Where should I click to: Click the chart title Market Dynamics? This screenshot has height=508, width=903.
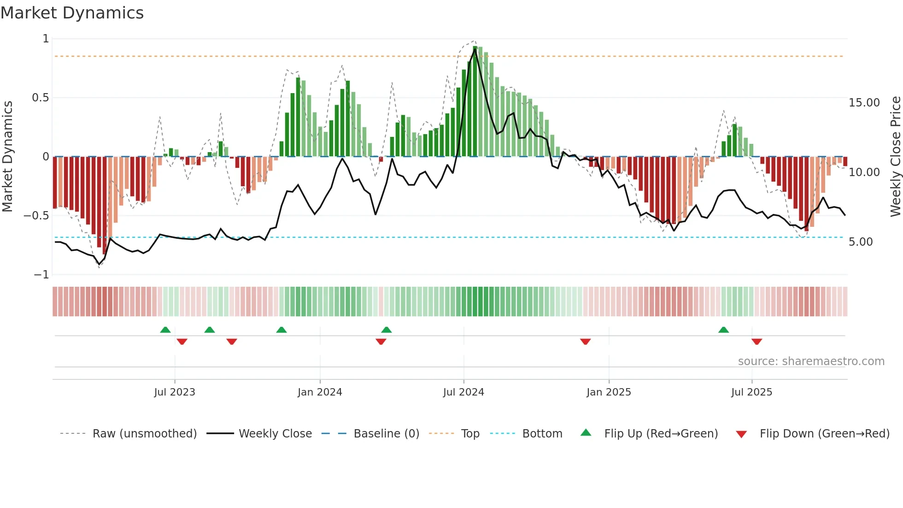click(x=72, y=13)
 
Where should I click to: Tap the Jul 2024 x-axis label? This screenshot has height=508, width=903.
click(x=463, y=392)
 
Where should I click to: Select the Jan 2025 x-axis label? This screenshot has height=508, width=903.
click(x=608, y=392)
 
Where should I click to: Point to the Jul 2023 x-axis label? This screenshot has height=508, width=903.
click(x=174, y=392)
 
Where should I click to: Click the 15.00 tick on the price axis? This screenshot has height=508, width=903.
click(x=864, y=103)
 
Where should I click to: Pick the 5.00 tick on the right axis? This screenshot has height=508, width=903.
click(x=860, y=242)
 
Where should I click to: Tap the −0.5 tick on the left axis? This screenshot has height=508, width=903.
click(x=36, y=216)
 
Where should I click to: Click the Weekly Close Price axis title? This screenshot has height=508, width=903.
click(x=895, y=156)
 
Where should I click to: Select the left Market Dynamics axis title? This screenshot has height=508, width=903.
click(x=7, y=156)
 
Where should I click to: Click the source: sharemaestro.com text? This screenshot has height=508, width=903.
click(x=811, y=361)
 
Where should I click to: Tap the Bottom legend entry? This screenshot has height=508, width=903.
click(x=542, y=433)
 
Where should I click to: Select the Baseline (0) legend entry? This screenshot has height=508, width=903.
click(x=386, y=433)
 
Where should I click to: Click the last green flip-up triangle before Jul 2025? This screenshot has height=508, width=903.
click(x=723, y=330)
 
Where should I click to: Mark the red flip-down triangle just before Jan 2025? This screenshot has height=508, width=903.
click(x=585, y=342)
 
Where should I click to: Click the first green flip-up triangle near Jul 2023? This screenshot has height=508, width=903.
click(x=165, y=330)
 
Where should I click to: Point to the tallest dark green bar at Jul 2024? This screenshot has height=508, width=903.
click(x=475, y=101)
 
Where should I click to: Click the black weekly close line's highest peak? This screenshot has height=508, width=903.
click(x=475, y=49)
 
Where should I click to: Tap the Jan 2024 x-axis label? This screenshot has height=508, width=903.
click(x=319, y=392)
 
